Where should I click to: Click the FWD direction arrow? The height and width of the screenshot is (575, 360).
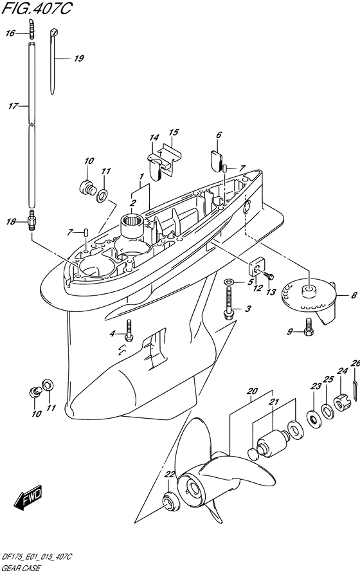pos(28,498)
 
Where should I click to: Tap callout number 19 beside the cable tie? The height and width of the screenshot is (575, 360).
pos(79,59)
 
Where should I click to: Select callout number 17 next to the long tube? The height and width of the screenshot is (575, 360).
pos(14,106)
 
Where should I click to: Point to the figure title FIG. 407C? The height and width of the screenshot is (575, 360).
pos(37,8)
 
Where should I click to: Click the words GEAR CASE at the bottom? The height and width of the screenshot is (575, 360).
pos(21,569)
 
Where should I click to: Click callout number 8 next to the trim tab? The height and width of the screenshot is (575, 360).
pos(354,295)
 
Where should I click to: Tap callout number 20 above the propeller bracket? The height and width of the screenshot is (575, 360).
pos(252,391)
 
